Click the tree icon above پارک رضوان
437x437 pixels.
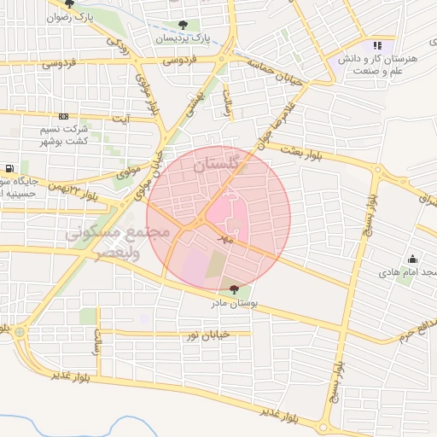(x=70, y=3)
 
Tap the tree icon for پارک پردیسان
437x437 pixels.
(x=183, y=25)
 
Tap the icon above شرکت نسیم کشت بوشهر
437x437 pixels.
(x=63, y=116)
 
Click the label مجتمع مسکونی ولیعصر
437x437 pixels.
(x=103, y=241)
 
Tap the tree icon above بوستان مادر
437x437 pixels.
(x=235, y=290)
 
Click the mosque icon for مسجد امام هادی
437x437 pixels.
(x=413, y=259)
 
